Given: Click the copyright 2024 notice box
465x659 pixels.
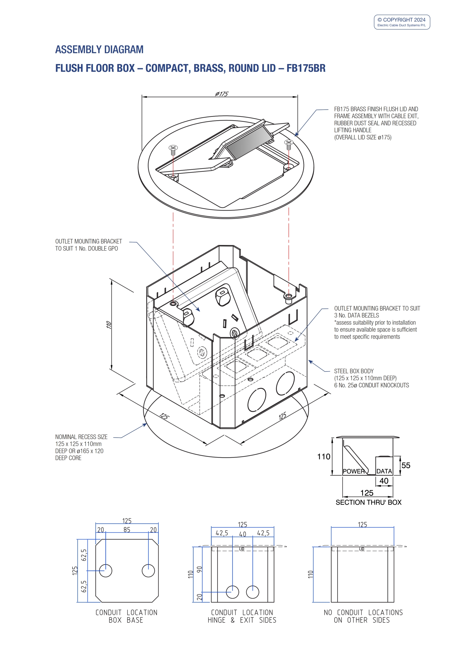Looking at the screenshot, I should pos(402,22).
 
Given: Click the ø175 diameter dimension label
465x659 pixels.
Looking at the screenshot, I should pos(222,94).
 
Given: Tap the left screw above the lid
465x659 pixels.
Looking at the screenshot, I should pos(173,149).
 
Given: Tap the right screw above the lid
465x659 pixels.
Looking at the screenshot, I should pos(289,144).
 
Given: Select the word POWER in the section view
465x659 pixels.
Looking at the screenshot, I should pos(353,471).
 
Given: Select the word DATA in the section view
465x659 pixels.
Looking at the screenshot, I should pos(384,471).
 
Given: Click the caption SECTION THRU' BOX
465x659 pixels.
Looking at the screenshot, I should pos(368,502).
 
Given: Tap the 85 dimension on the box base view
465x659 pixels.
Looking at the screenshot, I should pos(127,530).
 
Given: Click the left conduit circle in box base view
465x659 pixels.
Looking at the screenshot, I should pos(105,571).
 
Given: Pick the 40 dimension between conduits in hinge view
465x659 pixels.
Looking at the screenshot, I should pos(243,534).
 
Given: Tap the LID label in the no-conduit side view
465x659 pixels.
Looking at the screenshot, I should pos(362,549).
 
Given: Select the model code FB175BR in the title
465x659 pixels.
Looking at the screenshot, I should pos(306,68).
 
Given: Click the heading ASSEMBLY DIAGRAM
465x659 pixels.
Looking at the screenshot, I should pos(99,49).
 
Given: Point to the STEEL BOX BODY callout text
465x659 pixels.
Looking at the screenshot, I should pos(354,371).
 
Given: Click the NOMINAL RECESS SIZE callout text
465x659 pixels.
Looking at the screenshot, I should pos(81,437).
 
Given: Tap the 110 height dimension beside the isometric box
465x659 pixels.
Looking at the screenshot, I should pos(109,325).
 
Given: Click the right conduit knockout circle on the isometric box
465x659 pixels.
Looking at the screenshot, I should pos(285,383).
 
